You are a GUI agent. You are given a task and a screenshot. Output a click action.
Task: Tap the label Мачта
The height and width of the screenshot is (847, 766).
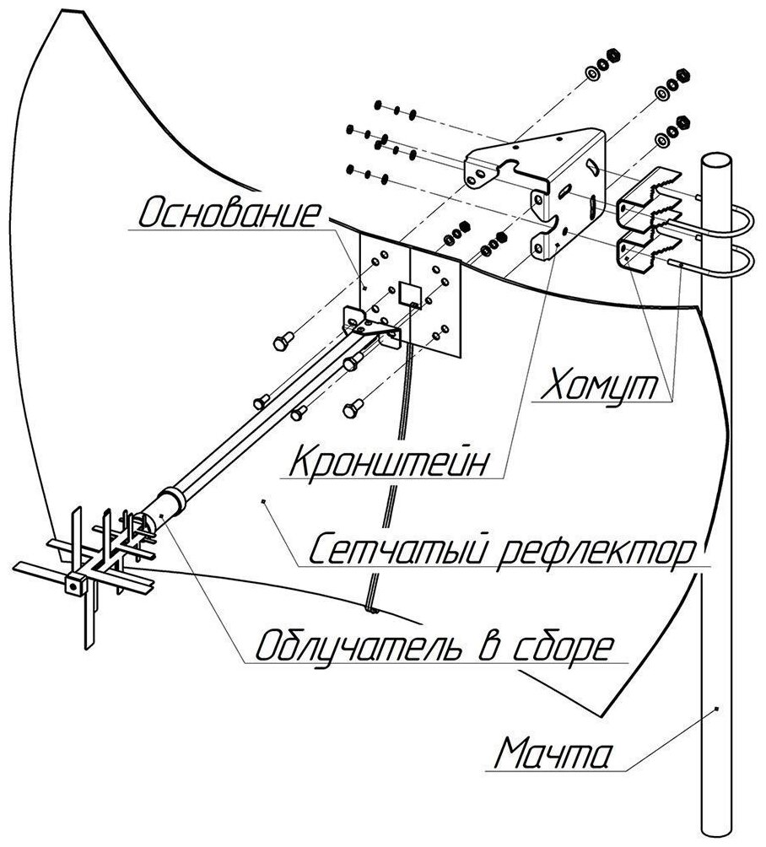click(550, 753)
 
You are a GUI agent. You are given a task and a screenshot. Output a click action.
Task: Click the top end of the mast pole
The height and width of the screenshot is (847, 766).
click(719, 159)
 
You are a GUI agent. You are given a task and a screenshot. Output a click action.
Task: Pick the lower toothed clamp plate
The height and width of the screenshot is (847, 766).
click(648, 251)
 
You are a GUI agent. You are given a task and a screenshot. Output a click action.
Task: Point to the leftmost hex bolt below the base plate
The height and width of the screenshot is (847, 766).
click(283, 342)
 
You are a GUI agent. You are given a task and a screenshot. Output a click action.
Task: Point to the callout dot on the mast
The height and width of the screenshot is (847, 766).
click(716, 709)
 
